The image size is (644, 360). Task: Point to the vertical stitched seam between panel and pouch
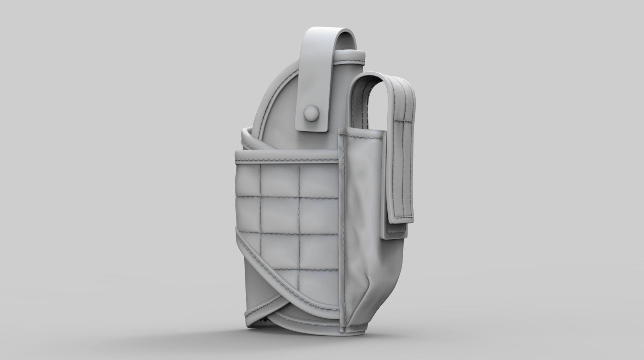(x=341, y=218)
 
